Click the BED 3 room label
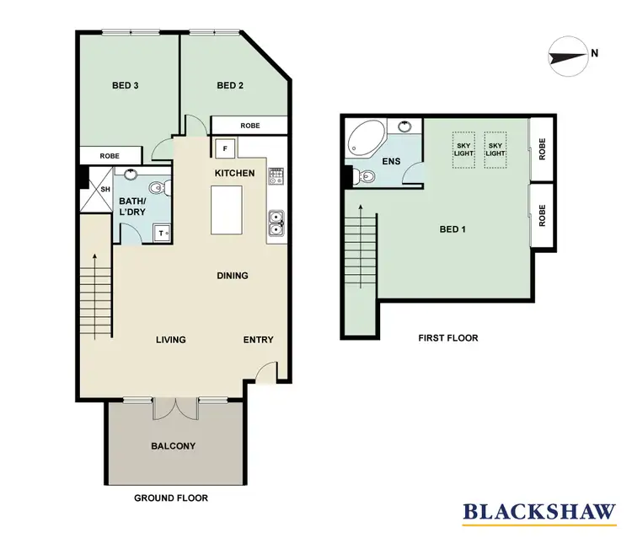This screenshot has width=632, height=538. tap(126, 85)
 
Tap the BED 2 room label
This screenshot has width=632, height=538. tap(230, 85)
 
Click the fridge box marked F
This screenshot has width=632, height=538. tap(225, 150)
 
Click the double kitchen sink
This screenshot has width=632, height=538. tap(276, 223)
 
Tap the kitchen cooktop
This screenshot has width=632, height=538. tap(276, 176)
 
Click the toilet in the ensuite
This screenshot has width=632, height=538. tap(364, 175)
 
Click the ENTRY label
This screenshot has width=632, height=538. tap(258, 340)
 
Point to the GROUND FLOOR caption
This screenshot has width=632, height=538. tap(171, 498)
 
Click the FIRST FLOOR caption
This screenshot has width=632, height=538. tap(448, 338)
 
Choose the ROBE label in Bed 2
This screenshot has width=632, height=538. tap(250, 126)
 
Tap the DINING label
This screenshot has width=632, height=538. tap(232, 275)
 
